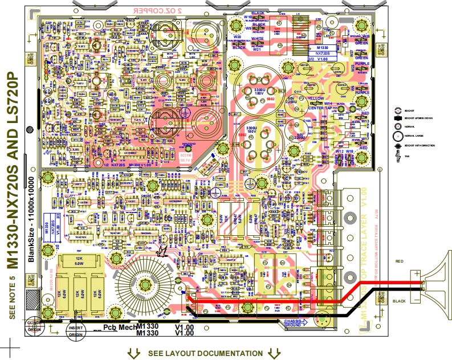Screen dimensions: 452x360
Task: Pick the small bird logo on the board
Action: click(x=162, y=250)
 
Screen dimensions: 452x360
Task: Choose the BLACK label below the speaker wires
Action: click(x=400, y=300)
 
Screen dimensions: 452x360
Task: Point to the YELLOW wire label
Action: click(x=314, y=97)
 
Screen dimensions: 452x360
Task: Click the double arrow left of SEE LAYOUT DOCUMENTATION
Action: click(x=135, y=354)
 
